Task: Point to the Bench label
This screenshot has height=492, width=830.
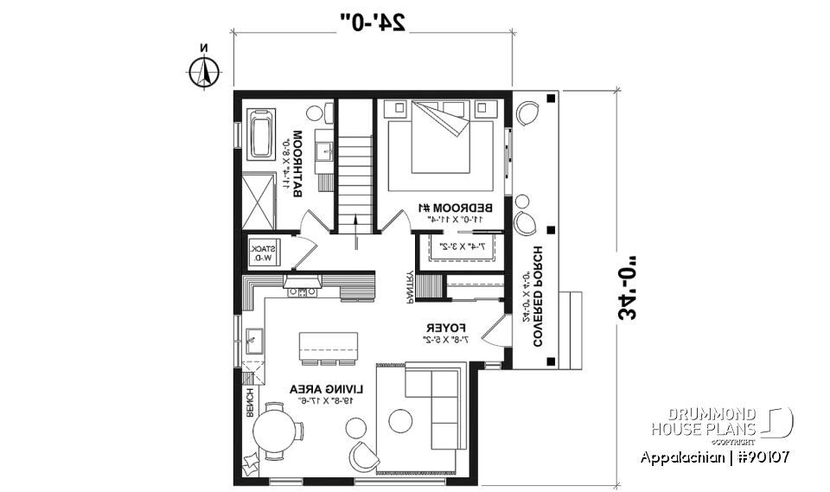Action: click(x=251, y=404)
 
